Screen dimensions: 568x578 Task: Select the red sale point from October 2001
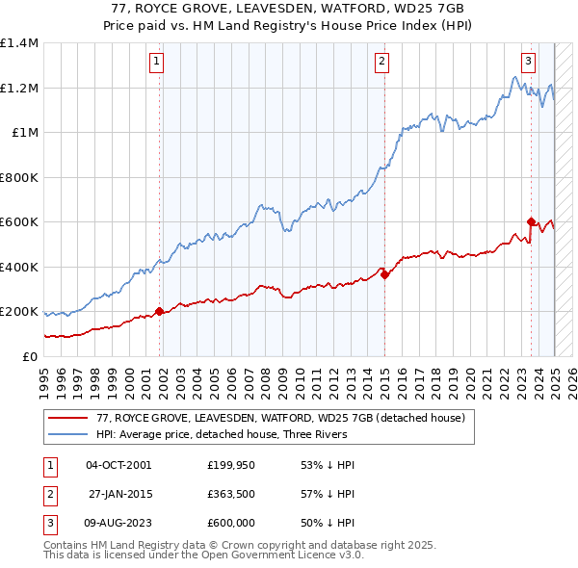(159, 312)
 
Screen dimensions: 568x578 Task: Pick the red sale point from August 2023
(531, 222)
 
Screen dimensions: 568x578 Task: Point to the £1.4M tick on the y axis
(20, 43)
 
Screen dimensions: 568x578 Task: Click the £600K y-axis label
(20, 222)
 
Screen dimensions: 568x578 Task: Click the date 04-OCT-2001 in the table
(118, 465)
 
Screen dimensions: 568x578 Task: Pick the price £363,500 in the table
(231, 495)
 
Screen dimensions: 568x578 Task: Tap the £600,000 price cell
(231, 525)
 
